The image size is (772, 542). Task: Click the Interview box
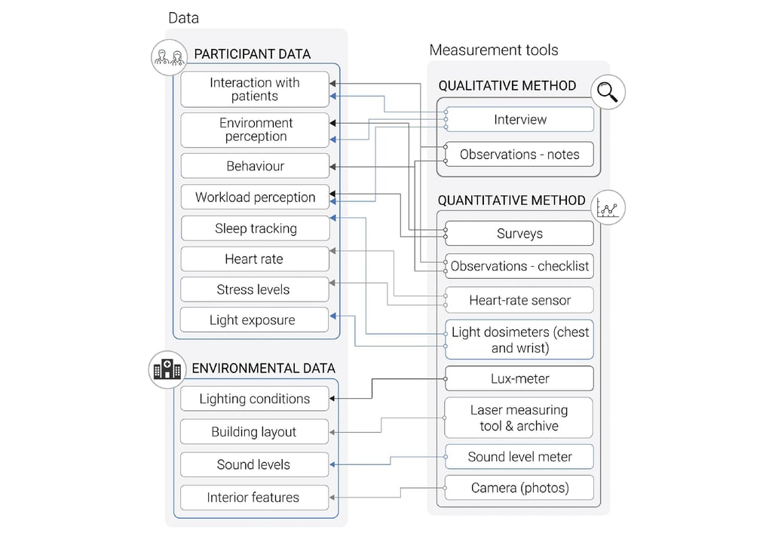click(x=519, y=119)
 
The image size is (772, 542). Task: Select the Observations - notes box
click(x=519, y=155)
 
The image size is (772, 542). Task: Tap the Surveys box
click(x=519, y=234)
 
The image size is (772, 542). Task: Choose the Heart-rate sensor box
click(x=519, y=300)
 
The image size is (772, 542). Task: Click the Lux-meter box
click(x=519, y=378)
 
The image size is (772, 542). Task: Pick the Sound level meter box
click(x=519, y=457)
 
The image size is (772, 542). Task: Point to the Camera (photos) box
click(x=519, y=488)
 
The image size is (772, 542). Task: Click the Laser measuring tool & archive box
click(x=519, y=418)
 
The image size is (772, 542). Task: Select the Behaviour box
click(x=256, y=166)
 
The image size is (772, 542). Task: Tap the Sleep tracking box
click(x=256, y=228)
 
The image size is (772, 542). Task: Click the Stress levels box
click(x=256, y=289)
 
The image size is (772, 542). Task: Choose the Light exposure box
click(x=256, y=320)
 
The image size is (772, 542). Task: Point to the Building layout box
click(x=254, y=432)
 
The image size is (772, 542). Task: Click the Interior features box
click(x=254, y=498)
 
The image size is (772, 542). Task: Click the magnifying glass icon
click(x=608, y=93)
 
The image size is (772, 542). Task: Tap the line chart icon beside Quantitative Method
click(x=608, y=207)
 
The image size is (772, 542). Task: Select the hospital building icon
click(x=167, y=369)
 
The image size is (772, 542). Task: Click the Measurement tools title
click(x=494, y=51)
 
